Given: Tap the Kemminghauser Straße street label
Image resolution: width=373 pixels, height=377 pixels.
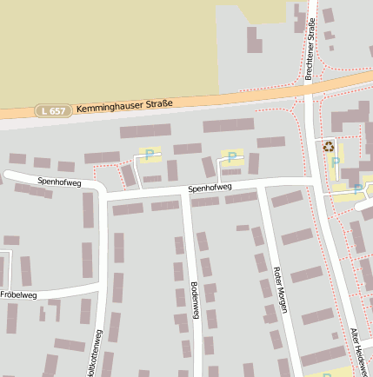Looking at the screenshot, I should point(124,106).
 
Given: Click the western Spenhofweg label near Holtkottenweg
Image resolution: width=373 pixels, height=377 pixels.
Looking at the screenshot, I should point(59,182).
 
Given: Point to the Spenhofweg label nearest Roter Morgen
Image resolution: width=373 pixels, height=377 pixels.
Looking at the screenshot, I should point(210,188).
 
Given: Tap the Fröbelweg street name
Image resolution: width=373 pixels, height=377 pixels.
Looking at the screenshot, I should point(18,295).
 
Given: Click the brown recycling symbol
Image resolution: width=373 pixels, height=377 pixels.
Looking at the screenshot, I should point(329,147).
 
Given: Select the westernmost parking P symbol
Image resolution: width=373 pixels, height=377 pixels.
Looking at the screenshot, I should point(150,155).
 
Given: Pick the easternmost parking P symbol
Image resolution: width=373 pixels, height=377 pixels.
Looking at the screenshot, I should point(356,188).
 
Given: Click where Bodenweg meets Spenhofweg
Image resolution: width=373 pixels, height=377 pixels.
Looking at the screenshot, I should point(183,195).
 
